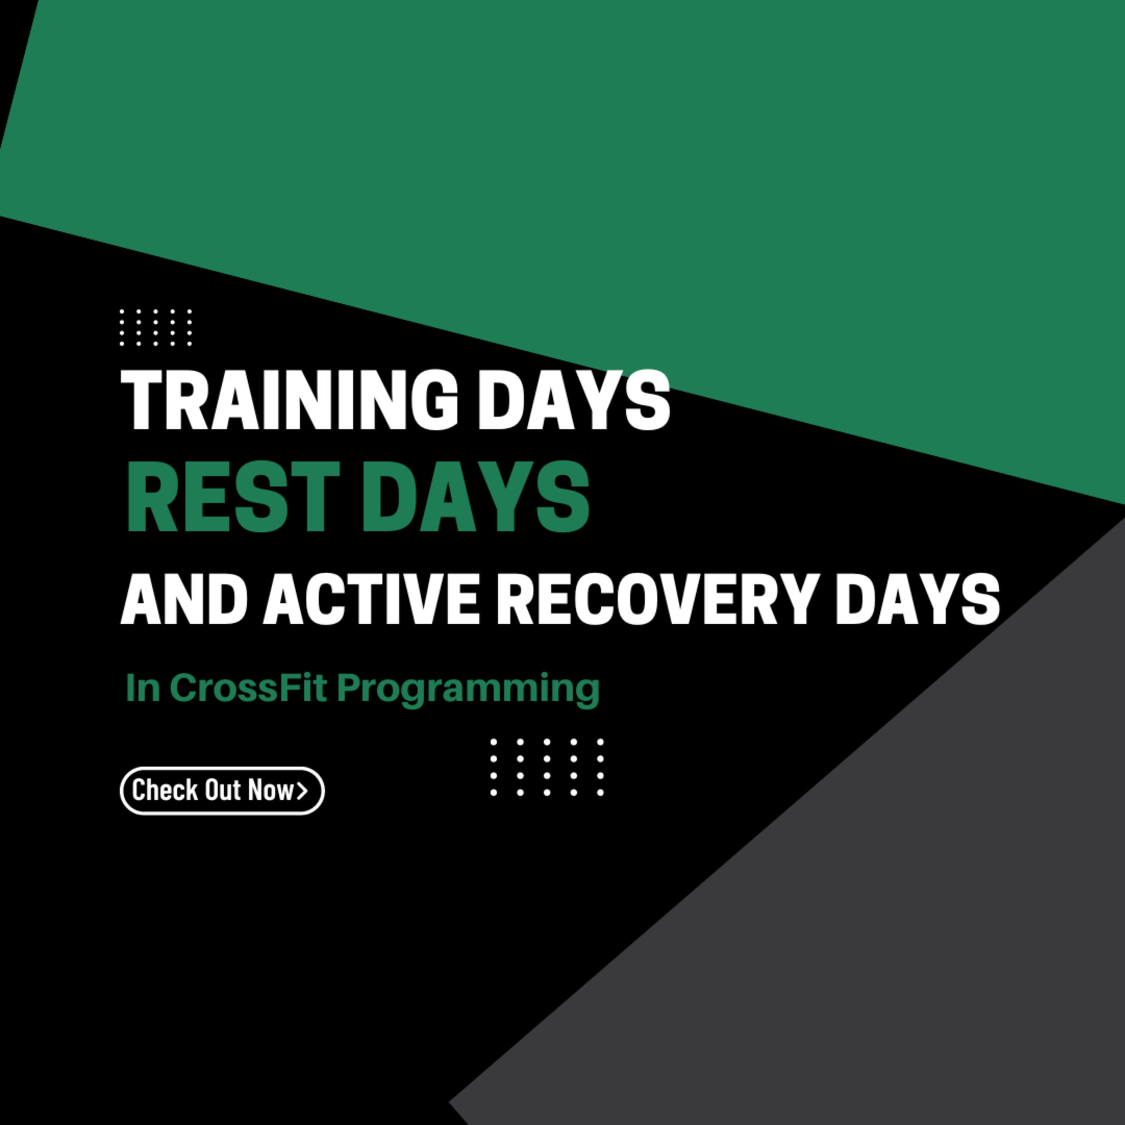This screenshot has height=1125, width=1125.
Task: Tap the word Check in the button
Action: pos(165,790)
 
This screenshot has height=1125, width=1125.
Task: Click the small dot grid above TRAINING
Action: pos(156,328)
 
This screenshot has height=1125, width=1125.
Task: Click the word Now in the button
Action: pos(271,790)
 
